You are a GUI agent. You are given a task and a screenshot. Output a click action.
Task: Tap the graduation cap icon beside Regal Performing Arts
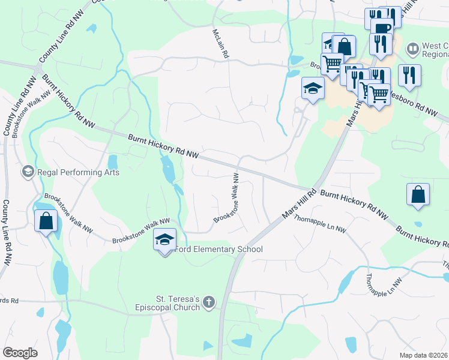coord(27,172)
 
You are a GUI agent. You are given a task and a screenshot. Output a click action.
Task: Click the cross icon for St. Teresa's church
coord(208,302)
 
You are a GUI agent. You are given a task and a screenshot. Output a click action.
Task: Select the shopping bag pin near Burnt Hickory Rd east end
coord(418,194)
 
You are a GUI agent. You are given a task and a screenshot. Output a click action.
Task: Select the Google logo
coord(20,353)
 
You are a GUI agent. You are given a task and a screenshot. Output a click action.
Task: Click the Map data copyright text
coord(424,355)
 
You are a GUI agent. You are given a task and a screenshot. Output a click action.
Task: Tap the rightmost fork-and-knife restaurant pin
coord(409,74)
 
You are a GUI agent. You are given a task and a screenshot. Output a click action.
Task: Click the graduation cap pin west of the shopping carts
coord(312,89)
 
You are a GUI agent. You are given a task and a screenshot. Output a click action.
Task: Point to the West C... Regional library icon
coord(412,47)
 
